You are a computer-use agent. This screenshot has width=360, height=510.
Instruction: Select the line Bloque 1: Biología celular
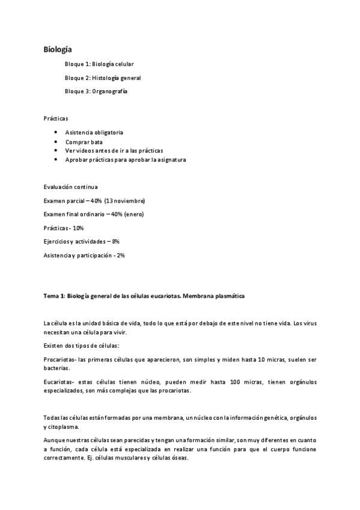[99, 64]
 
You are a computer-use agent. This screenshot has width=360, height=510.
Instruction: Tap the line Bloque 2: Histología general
[103, 78]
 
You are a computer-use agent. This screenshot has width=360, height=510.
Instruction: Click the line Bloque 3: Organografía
[96, 91]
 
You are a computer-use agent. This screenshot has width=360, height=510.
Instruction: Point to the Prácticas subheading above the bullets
[56, 118]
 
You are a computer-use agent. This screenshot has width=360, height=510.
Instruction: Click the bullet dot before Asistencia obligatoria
[55, 132]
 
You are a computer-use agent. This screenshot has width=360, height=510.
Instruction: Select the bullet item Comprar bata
[84, 141]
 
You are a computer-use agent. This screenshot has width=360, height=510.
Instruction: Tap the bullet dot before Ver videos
[55, 150]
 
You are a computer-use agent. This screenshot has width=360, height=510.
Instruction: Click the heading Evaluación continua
[71, 187]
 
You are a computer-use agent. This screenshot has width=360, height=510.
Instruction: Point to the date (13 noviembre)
[124, 200]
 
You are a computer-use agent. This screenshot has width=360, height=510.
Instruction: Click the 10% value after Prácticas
[78, 228]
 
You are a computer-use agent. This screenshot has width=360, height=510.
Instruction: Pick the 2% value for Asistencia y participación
[121, 255]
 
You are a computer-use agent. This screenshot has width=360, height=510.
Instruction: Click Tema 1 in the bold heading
[54, 296]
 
